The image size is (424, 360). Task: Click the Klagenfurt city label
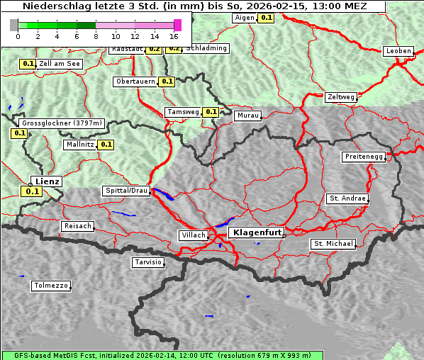click(x=258, y=232)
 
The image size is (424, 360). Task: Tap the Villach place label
click(x=193, y=235)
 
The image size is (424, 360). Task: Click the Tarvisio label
click(x=149, y=262)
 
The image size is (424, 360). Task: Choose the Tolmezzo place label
click(x=51, y=286)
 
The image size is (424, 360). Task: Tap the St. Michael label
click(x=333, y=244)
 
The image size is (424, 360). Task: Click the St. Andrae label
click(x=347, y=198)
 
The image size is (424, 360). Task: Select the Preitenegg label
click(x=364, y=157)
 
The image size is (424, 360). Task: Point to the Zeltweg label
click(x=341, y=97)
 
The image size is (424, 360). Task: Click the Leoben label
click(x=398, y=51)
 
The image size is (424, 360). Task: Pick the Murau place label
click(x=248, y=115)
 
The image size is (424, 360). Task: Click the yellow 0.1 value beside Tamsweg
click(x=211, y=112)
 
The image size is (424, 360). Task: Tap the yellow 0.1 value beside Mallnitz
click(x=106, y=145)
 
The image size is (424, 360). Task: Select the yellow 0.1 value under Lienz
click(x=31, y=191)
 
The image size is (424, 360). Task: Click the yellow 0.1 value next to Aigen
click(x=266, y=18)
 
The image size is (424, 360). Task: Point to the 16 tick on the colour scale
click(x=174, y=35)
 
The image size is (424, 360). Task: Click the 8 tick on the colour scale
click(x=96, y=35)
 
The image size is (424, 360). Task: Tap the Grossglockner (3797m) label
click(x=62, y=123)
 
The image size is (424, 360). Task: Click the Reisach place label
click(x=78, y=226)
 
